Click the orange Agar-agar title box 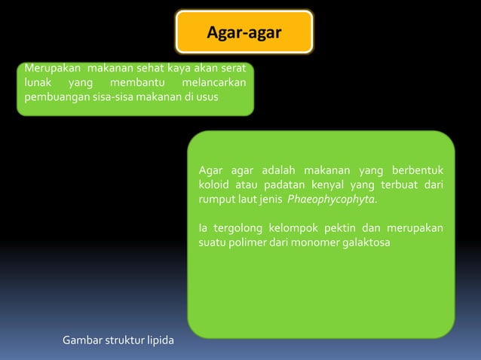pos(244,32)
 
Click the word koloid pos(213,185)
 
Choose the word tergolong pos(237,228)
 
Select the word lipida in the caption pos(158,341)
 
